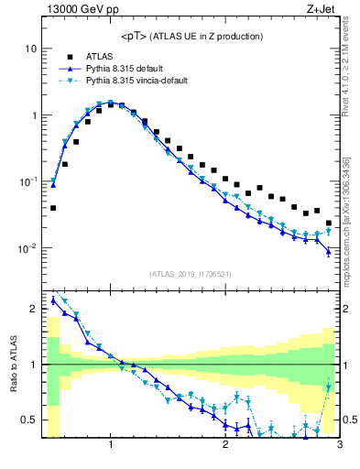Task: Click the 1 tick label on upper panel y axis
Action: click(34, 115)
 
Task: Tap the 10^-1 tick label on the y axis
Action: click(29, 181)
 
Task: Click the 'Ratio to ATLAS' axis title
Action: click(14, 364)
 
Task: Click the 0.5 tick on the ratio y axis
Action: click(30, 420)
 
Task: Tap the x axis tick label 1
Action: click(111, 446)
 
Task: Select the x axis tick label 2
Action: click(225, 446)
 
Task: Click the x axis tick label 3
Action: click(339, 446)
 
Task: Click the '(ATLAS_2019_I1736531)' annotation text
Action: click(191, 274)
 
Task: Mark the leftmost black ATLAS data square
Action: click(53, 208)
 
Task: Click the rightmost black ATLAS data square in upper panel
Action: click(329, 223)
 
